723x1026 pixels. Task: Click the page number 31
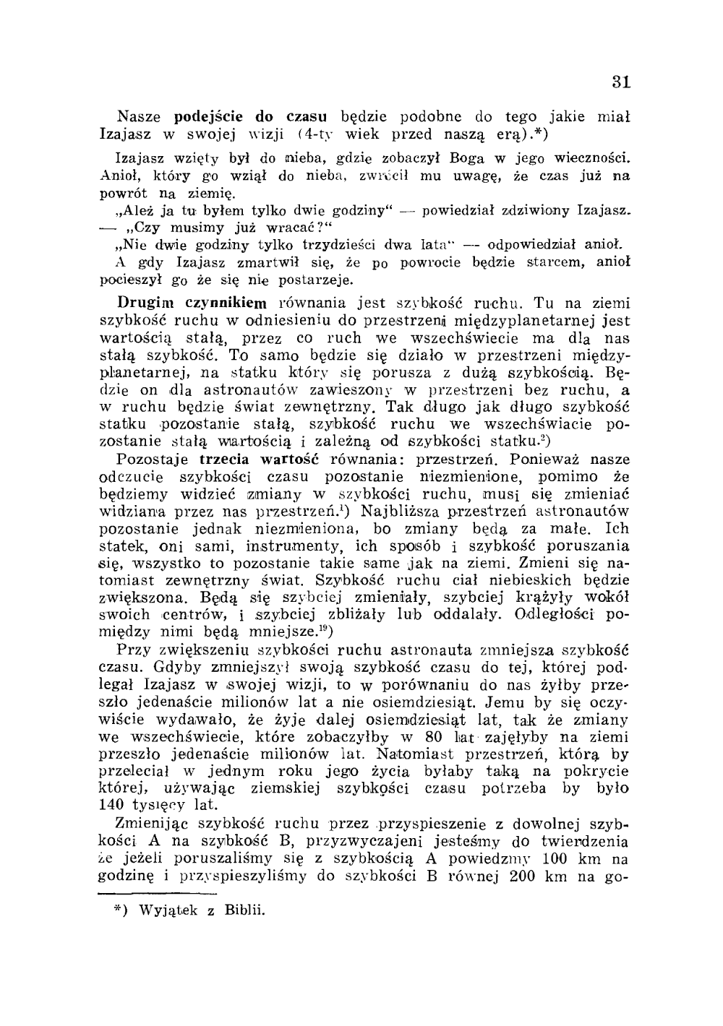pyautogui.click(x=621, y=82)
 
